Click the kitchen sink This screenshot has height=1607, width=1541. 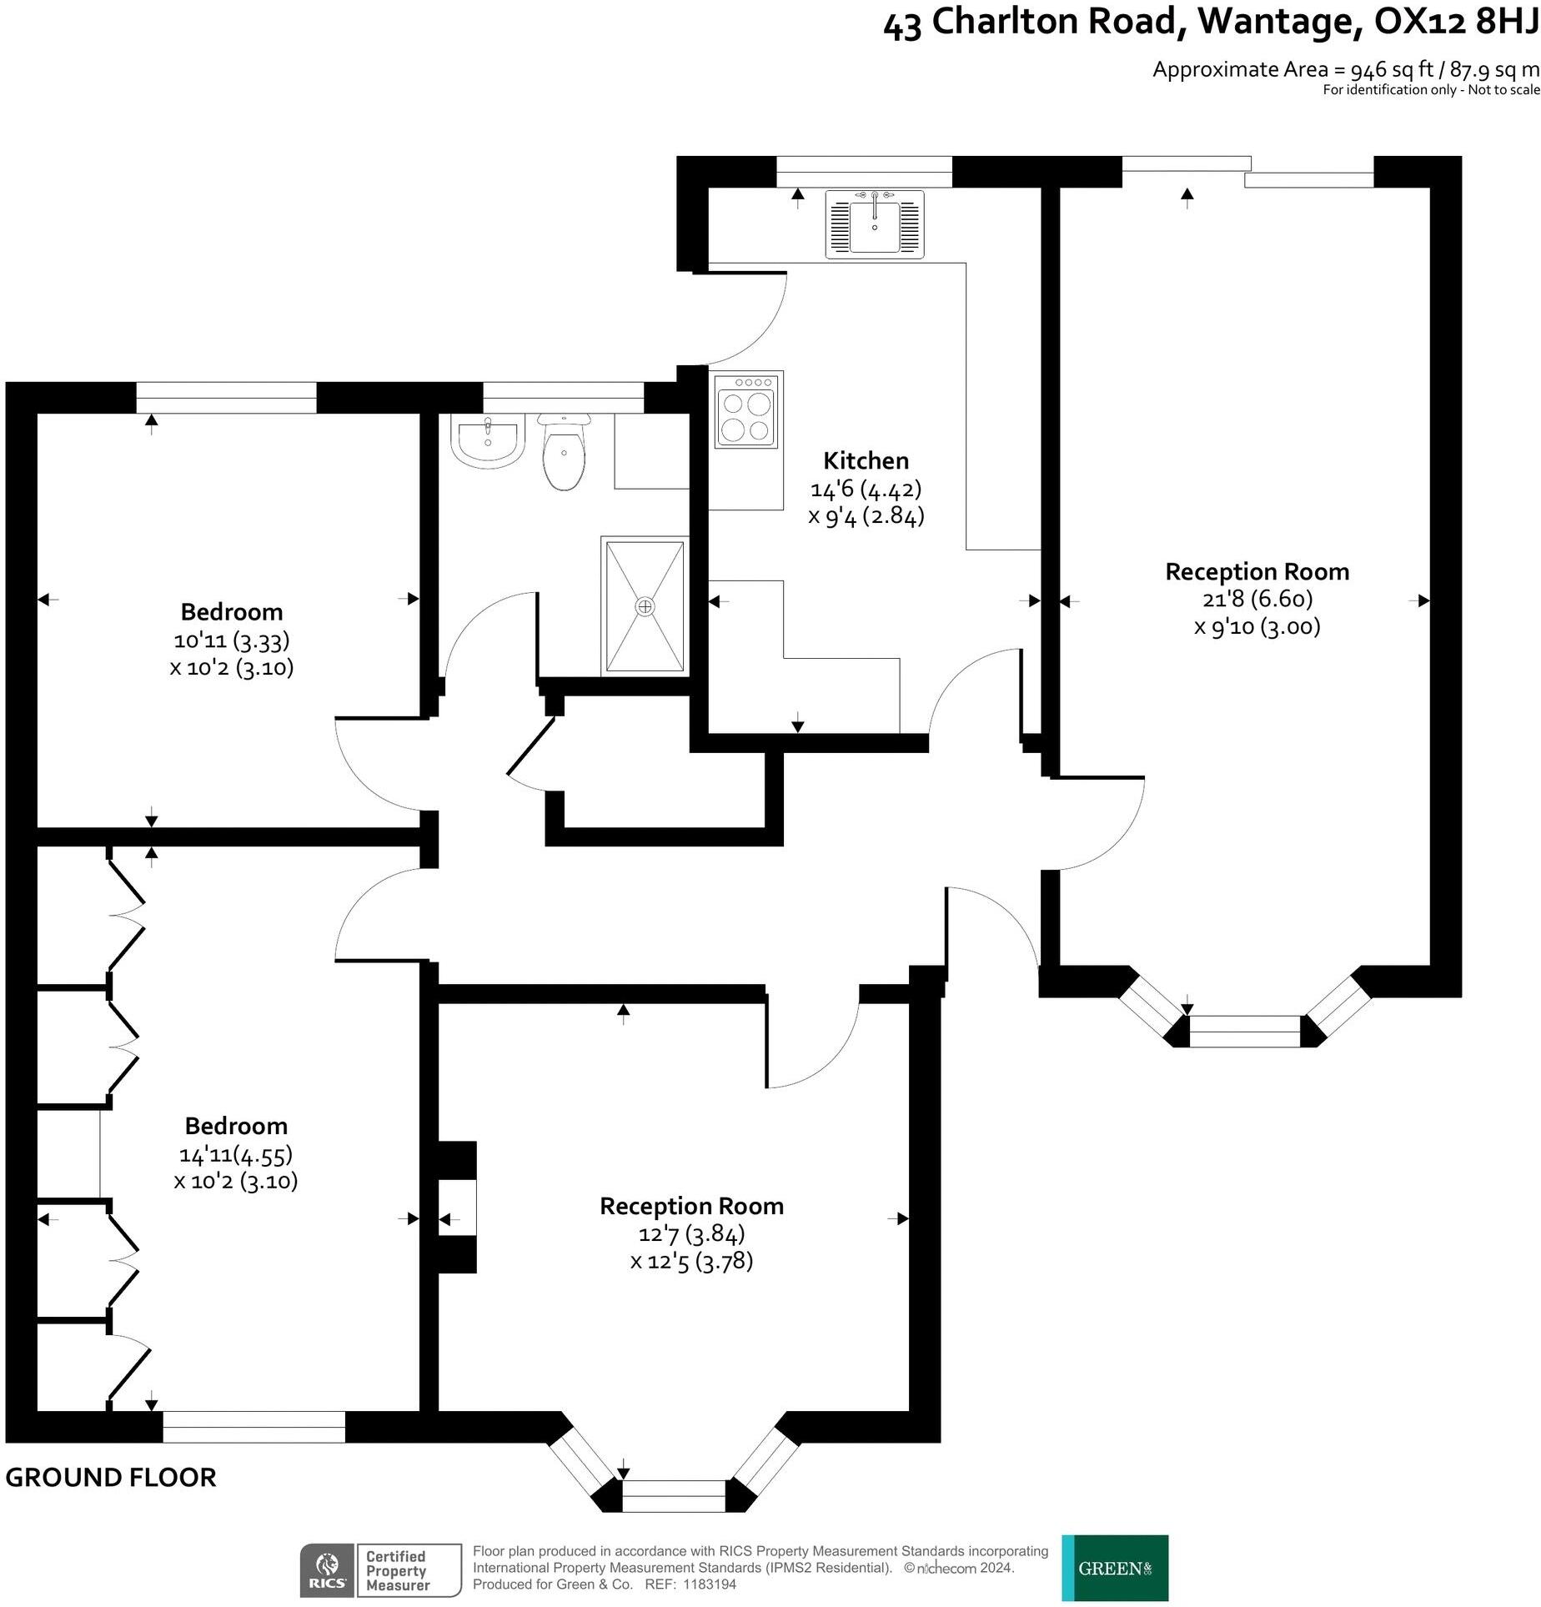pos(875,224)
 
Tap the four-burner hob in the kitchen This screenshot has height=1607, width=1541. pos(748,409)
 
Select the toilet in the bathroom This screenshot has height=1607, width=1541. pos(565,455)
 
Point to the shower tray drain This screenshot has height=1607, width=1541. pos(645,606)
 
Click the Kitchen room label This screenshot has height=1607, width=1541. pos(866,460)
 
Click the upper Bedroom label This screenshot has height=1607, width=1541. pos(232,611)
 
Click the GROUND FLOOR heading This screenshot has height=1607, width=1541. pos(111,1478)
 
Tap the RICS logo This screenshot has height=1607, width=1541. pos(328,1571)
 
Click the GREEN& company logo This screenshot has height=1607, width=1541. pos(1115,1568)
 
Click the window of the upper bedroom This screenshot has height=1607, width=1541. pos(226,398)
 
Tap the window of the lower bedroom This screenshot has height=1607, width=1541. pos(253,1427)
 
